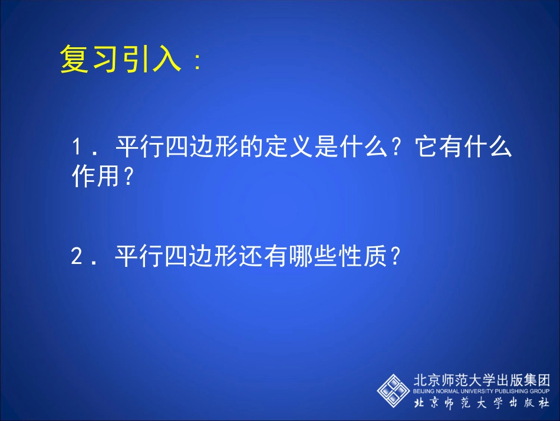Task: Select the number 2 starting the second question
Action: [76, 257]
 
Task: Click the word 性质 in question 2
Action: [368, 257]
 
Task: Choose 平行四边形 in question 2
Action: [175, 257]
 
